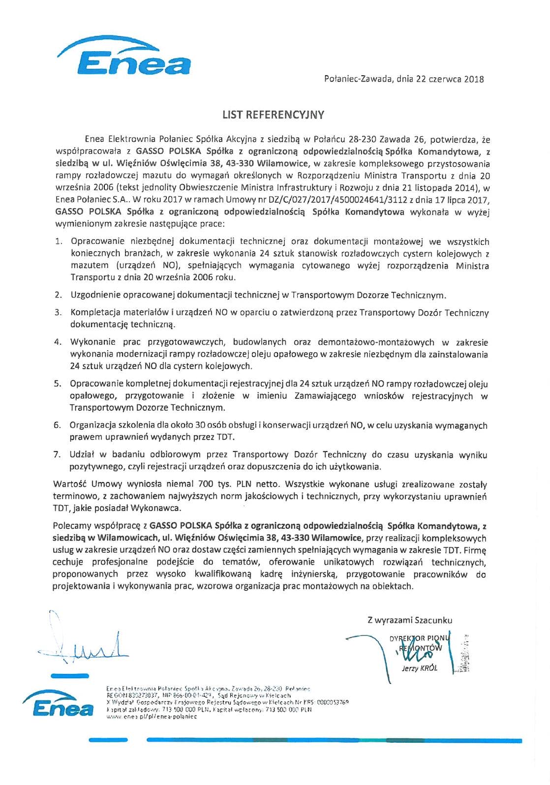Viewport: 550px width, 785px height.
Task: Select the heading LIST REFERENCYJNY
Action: click(274, 115)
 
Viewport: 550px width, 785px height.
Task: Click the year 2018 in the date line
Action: click(474, 79)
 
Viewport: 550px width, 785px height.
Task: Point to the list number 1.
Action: click(58, 242)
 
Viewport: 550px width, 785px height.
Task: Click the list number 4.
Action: click(58, 342)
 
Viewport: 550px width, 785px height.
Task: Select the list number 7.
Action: click(57, 454)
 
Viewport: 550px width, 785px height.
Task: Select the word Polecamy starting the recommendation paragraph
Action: click(72, 526)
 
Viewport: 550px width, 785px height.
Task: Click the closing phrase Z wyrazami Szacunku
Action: click(409, 620)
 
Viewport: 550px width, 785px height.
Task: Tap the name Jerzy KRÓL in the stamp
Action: click(420, 668)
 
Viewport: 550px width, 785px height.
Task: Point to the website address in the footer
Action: click(151, 717)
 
